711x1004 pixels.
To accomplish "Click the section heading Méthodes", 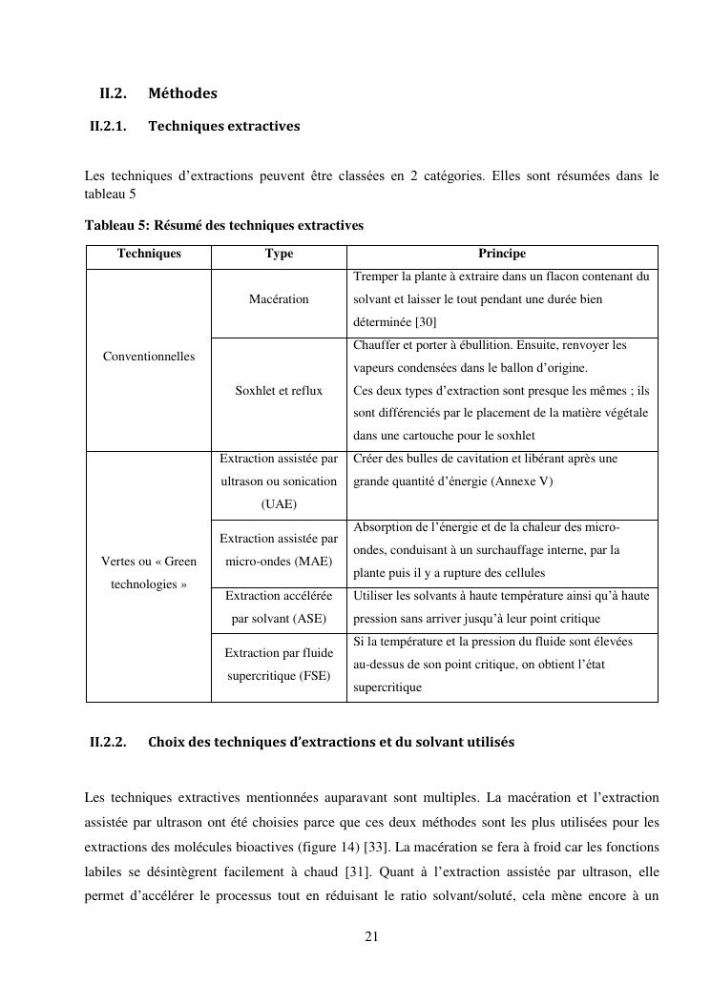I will click(x=182, y=93).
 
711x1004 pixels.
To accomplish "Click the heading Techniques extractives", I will click(x=223, y=126).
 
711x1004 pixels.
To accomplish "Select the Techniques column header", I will click(x=149, y=254).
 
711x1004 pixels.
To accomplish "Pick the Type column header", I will click(x=279, y=254).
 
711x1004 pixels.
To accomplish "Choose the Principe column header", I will click(x=502, y=254).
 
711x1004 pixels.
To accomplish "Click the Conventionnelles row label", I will click(x=149, y=357).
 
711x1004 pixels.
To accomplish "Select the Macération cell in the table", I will click(x=279, y=299).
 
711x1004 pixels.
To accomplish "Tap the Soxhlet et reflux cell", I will click(x=279, y=391).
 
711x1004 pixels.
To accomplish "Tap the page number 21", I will click(x=372, y=937).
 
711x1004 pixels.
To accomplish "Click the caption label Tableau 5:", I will click(x=116, y=226).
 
